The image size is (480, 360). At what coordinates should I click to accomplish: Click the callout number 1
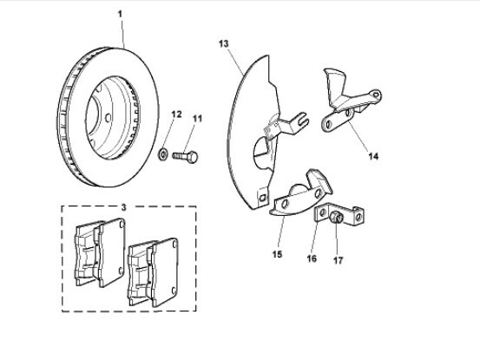120,14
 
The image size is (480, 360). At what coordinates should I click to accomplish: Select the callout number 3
123,207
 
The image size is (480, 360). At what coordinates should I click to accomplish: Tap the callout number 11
197,119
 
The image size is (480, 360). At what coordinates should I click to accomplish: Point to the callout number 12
176,115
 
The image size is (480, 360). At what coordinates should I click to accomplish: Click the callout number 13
224,43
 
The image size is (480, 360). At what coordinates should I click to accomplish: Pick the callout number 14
373,156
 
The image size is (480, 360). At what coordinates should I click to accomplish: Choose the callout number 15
277,254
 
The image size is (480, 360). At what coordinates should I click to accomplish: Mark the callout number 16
312,259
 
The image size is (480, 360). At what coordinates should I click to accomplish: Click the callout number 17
339,260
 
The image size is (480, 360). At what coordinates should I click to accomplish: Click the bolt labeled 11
185,156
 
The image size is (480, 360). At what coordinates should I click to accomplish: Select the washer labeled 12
163,154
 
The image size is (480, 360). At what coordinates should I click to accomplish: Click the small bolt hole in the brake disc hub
108,117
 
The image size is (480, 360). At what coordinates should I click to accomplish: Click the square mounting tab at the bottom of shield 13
262,197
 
